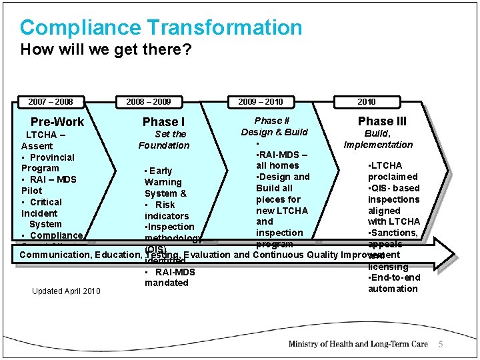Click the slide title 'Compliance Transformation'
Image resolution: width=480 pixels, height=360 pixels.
pyautogui.click(x=161, y=28)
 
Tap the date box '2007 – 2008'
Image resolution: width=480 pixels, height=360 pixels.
pyautogui.click(x=51, y=102)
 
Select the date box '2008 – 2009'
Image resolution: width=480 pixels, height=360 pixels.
pyautogui.click(x=148, y=102)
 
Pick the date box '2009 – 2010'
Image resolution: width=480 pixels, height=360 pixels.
pyautogui.click(x=260, y=102)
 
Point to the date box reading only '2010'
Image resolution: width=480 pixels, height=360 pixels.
pyautogui.click(x=366, y=102)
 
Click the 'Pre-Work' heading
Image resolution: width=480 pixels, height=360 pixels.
pyautogui.click(x=57, y=122)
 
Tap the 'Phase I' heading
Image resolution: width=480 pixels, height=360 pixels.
pyautogui.click(x=163, y=122)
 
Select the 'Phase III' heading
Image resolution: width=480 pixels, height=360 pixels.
pyautogui.click(x=382, y=121)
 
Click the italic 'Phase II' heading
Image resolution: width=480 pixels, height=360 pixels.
pyautogui.click(x=272, y=121)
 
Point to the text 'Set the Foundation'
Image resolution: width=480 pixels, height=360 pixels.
pyautogui.click(x=164, y=140)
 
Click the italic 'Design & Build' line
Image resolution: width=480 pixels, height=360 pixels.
pyautogui.click(x=274, y=132)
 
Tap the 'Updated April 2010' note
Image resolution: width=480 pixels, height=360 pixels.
pyautogui.click(x=65, y=291)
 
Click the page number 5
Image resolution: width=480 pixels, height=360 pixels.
pyautogui.click(x=440, y=344)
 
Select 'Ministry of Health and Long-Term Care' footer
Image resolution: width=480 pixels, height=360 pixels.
pyautogui.click(x=358, y=344)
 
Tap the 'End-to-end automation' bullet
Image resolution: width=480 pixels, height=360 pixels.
pyautogui.click(x=393, y=283)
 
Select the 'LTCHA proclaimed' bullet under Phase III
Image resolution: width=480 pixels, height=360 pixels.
pyautogui.click(x=393, y=171)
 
